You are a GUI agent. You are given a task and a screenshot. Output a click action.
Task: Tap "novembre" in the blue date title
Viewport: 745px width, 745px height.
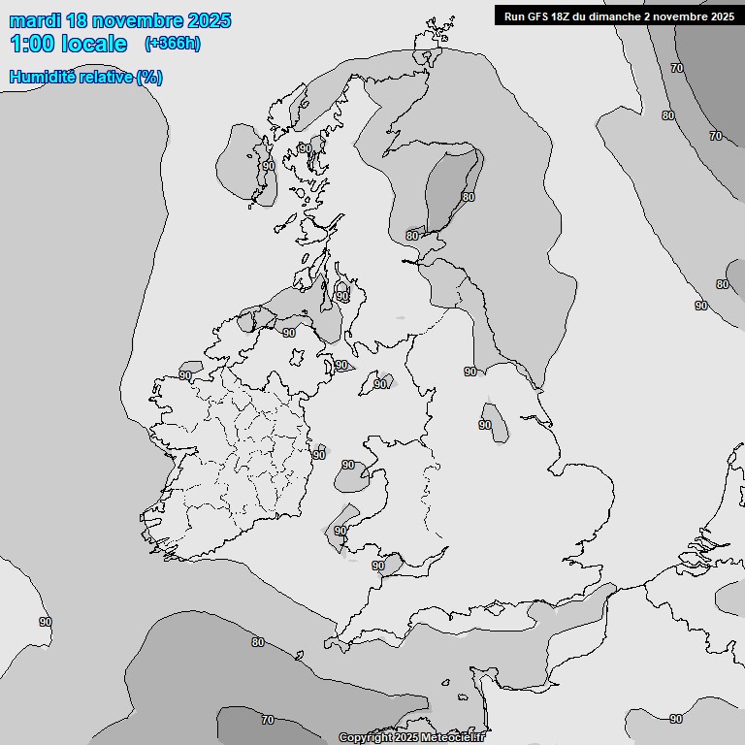click(136, 20)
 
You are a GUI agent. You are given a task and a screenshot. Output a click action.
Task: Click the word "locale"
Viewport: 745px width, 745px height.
click(93, 44)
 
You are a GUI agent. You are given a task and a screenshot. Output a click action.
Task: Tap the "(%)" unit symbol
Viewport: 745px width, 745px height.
click(149, 77)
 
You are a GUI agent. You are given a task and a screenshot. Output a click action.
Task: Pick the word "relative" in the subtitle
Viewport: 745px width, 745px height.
click(106, 77)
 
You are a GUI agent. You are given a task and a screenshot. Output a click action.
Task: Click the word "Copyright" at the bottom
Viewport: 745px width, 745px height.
click(365, 738)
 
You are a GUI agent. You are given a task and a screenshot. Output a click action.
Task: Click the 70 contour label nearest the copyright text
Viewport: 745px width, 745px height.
click(268, 720)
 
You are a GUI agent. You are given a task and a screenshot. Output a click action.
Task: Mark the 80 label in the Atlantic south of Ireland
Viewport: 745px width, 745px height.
click(257, 642)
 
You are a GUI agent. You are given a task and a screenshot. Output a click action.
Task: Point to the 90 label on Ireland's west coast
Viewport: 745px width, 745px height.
click(184, 375)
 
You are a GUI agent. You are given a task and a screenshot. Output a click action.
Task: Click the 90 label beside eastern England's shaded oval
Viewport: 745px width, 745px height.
click(484, 425)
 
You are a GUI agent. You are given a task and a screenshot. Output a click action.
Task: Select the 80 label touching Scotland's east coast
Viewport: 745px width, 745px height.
click(411, 235)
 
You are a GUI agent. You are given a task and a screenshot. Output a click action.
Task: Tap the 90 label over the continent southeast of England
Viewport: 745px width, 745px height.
click(675, 719)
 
